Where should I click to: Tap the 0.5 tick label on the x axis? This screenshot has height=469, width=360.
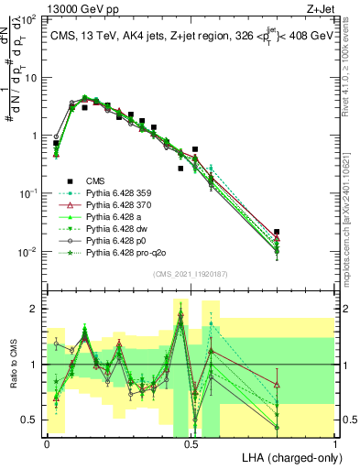(x=191, y=443)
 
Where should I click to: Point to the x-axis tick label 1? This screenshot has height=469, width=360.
(x=334, y=443)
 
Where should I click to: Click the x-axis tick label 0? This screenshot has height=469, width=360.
(x=47, y=443)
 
